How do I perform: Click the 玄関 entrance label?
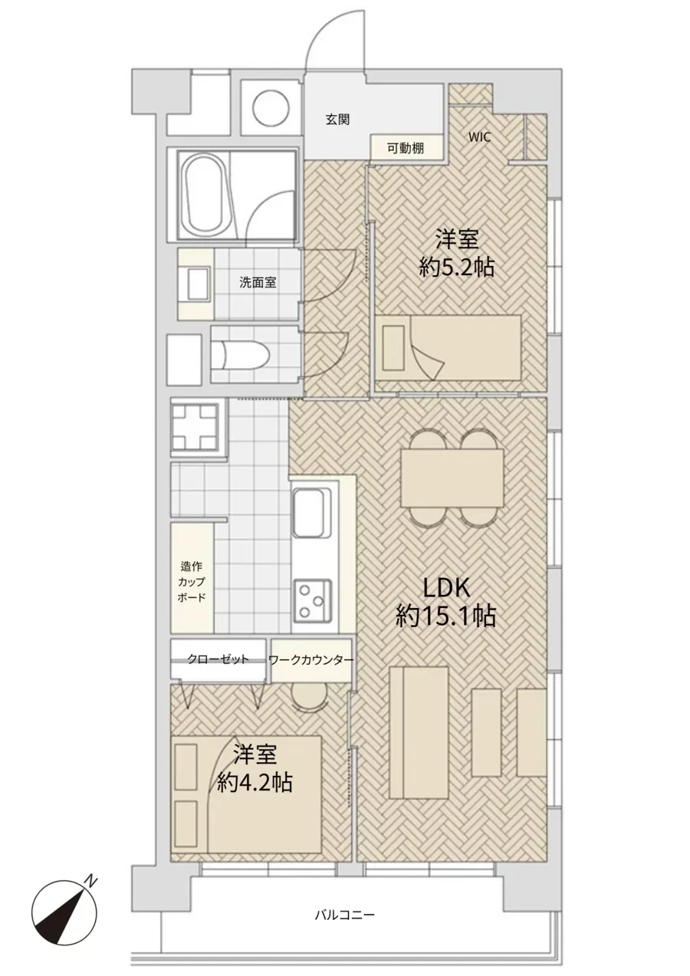coord(337,120)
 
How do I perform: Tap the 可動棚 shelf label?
coord(406,149)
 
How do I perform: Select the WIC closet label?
coord(480,137)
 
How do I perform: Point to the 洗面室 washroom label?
coord(258,283)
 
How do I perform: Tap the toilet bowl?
coord(244,354)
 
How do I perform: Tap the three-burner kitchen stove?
coord(313,601)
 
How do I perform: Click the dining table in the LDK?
coord(452,478)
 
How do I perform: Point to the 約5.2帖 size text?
coord(457,267)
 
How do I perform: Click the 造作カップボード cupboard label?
coord(192,582)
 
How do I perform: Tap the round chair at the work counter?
coord(309,697)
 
